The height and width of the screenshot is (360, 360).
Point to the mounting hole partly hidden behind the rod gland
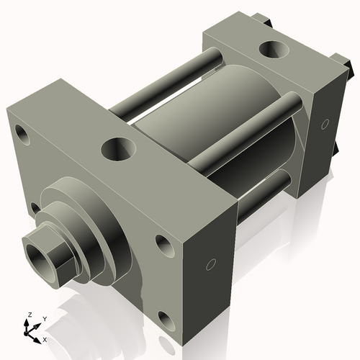point(34,208)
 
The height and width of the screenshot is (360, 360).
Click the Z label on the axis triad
point(30,315)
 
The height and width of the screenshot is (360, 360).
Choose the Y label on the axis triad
point(44,318)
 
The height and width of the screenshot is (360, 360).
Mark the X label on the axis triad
point(45,338)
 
